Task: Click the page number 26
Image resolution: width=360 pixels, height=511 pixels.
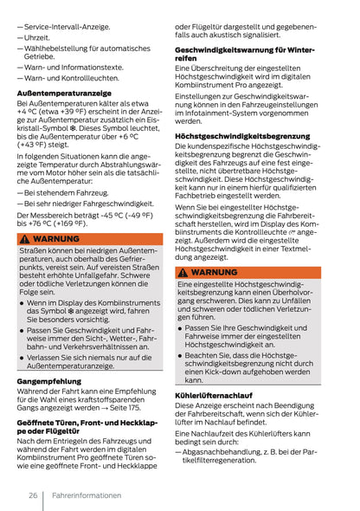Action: point(31,495)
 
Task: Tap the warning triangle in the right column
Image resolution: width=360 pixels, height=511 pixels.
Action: point(183,272)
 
